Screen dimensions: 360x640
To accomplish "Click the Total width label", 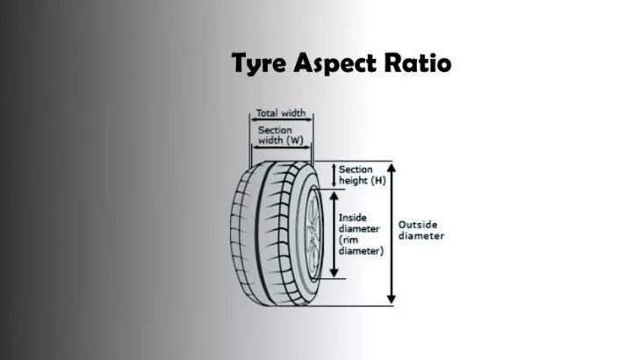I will [282, 113].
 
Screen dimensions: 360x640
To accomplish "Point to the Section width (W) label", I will [277, 135].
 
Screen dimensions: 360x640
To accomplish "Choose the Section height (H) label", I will [362, 174].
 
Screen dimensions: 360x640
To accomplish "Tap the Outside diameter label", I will [421, 229].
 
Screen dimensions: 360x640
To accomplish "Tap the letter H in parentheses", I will [378, 180].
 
